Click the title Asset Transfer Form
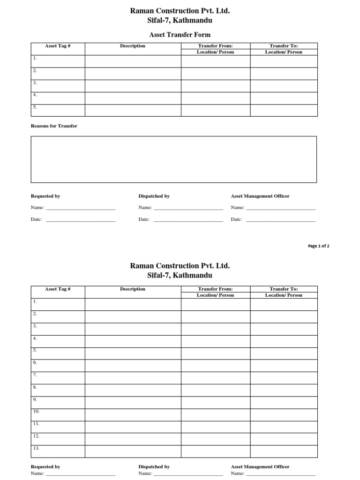180,35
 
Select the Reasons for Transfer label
54,126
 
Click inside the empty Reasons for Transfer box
173,159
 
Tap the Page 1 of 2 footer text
318,246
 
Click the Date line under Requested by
80,220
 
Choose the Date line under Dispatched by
188,220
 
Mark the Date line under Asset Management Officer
280,220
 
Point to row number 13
36,448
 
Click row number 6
35,362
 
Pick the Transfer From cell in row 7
216,378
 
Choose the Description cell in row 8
133,390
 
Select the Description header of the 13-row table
133,289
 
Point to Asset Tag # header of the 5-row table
58,46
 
